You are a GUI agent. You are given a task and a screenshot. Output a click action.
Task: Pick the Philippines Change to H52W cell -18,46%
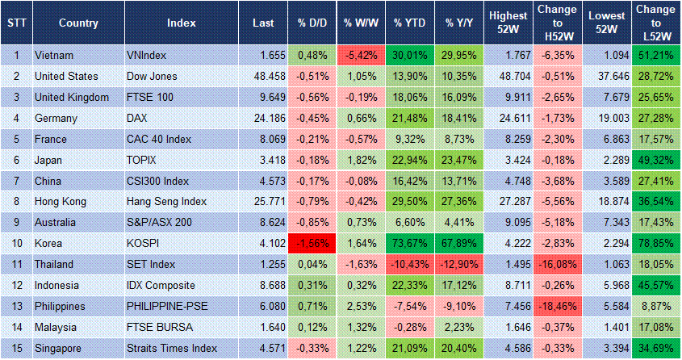[557, 307]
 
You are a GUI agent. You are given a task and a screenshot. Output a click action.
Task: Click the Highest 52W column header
[508, 23]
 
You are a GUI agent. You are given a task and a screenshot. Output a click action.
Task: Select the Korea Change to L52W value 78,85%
[655, 243]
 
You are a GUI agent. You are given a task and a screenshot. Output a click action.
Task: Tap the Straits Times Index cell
[172, 349]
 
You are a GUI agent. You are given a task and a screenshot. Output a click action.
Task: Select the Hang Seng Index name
[166, 202]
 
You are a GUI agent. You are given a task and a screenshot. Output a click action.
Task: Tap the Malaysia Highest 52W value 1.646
[508, 328]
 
